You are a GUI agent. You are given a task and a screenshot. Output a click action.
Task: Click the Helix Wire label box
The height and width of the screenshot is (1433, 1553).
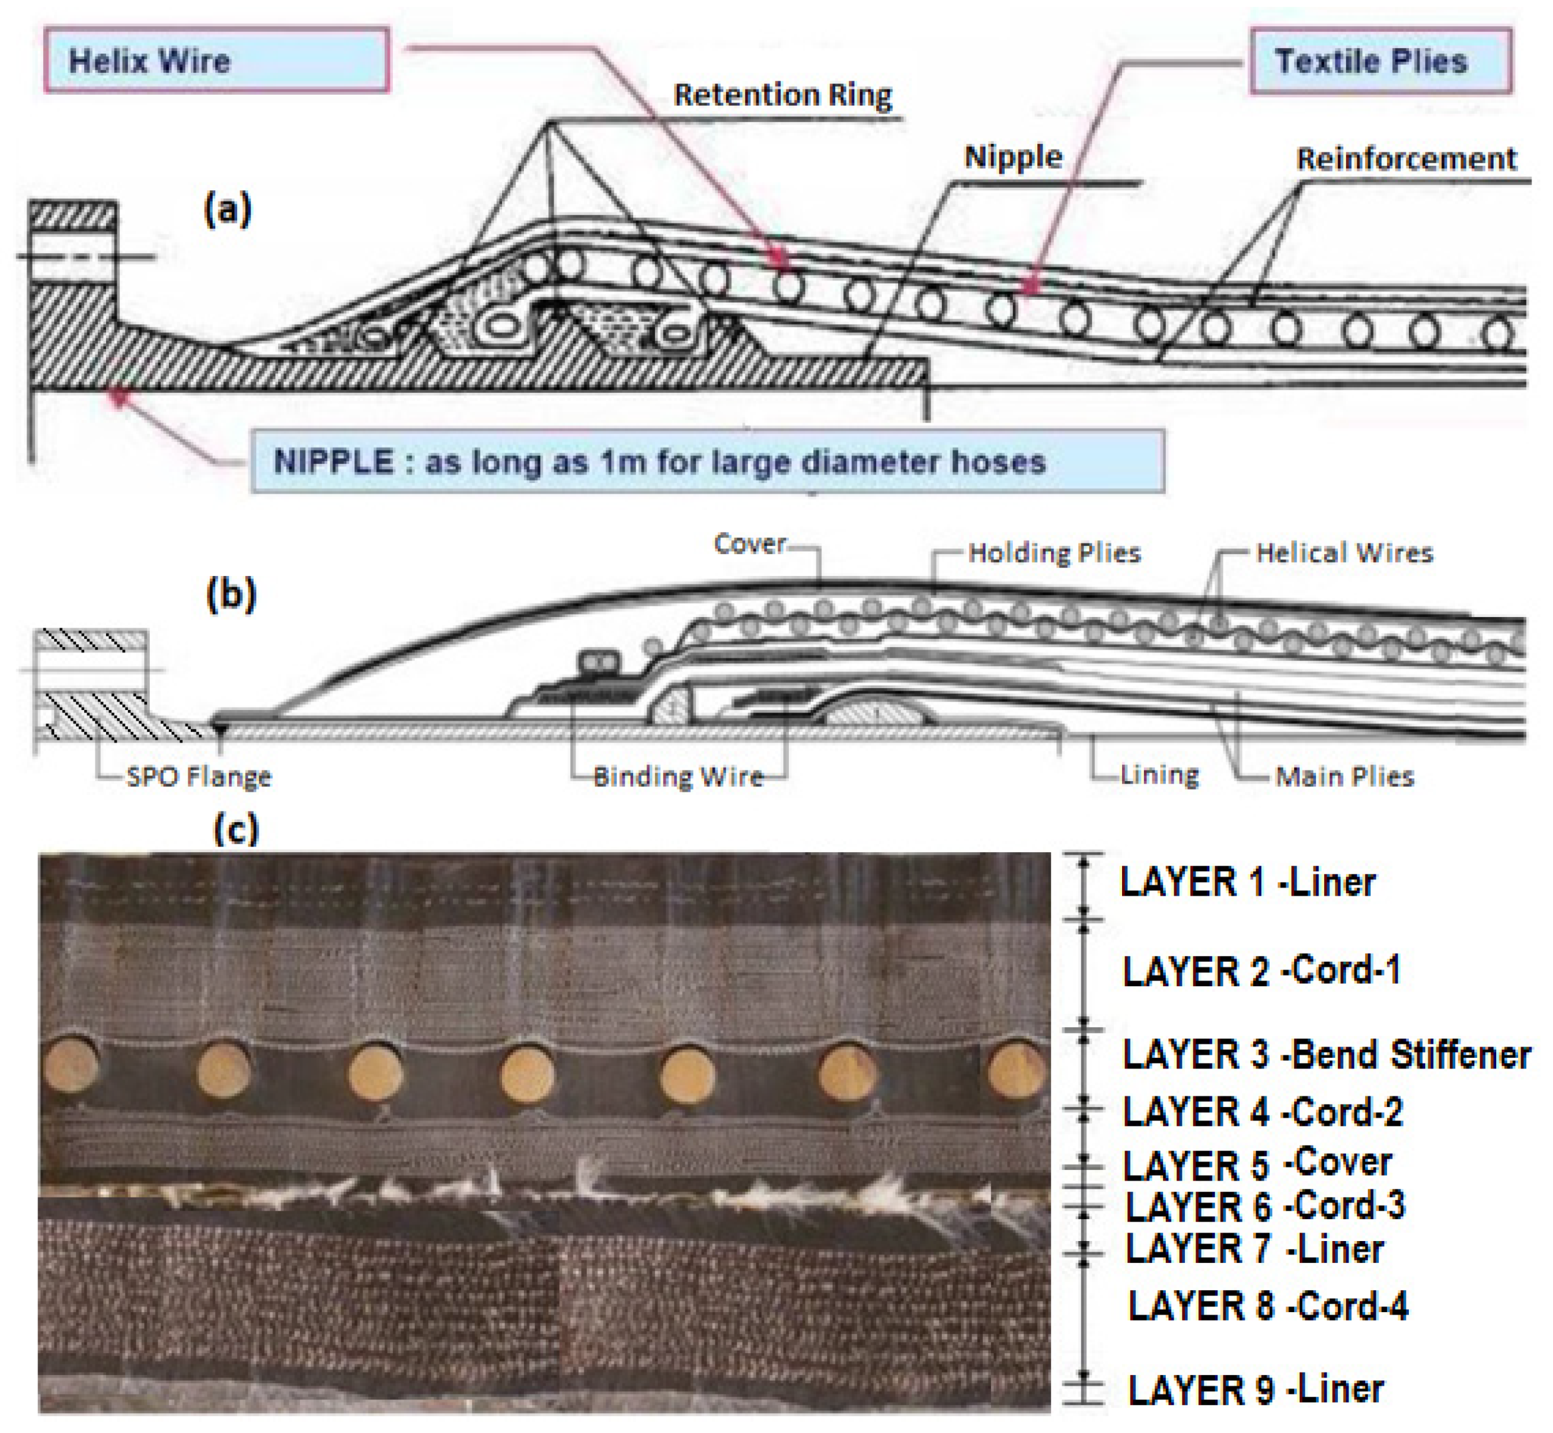coord(216,60)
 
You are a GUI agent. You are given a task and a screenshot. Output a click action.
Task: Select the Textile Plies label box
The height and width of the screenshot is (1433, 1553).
coord(1380,61)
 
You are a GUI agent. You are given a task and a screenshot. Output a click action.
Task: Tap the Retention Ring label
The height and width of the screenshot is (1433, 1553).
coord(782,95)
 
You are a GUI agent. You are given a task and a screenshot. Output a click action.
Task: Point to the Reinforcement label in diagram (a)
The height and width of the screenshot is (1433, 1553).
coord(1406,159)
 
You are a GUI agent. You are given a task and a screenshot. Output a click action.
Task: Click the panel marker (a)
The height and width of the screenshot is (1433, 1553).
coord(227,209)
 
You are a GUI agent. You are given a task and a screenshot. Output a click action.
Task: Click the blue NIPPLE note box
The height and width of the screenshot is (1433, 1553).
coord(707,462)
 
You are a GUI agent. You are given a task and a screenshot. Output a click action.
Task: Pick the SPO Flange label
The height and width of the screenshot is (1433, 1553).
coord(198,776)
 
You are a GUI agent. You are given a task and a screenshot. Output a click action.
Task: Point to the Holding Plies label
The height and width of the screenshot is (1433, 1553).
coord(1054,553)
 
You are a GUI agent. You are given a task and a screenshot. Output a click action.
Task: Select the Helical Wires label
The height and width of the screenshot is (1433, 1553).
coord(1344,553)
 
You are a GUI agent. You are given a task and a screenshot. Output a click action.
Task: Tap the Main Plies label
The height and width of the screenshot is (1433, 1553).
coord(1344,776)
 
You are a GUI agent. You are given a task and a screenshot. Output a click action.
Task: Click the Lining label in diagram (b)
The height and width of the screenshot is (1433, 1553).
coord(1159,775)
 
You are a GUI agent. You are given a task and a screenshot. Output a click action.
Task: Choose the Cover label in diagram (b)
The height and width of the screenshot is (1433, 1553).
coord(749,544)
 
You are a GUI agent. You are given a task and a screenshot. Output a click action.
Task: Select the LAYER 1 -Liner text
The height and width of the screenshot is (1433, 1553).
coord(1247,883)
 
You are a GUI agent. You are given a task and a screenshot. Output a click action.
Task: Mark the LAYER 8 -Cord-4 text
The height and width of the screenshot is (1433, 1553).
coord(1267,1306)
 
